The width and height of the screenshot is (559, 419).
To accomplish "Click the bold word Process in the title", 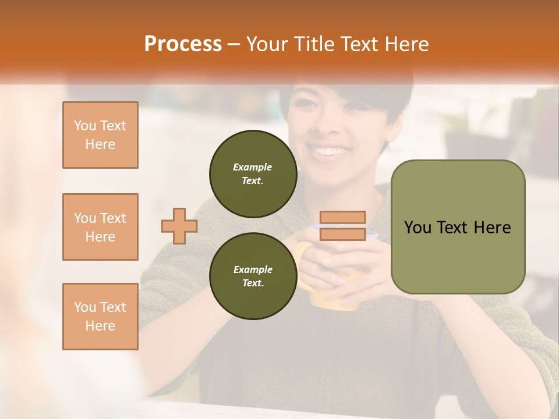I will [183, 44].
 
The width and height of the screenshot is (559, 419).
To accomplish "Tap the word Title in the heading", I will [314, 44].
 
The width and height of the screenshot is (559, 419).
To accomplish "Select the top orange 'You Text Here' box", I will [100, 135].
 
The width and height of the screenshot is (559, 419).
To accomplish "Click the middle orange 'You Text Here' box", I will [100, 227].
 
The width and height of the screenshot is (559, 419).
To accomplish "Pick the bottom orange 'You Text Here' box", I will [100, 316].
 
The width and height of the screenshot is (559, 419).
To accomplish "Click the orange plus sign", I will [179, 225].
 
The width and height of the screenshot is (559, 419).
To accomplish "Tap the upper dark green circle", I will [253, 173].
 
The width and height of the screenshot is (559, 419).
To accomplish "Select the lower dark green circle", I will [253, 276].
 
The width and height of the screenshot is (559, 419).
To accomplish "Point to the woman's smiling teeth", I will [329, 152].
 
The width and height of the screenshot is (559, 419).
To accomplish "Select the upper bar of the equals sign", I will [342, 217].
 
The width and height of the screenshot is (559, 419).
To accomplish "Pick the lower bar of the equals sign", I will [342, 234].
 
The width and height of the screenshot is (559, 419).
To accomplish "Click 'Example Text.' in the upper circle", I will [253, 173].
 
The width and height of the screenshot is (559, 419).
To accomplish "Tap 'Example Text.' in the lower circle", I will [253, 276].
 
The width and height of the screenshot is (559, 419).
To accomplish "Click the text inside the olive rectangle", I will [458, 228].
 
